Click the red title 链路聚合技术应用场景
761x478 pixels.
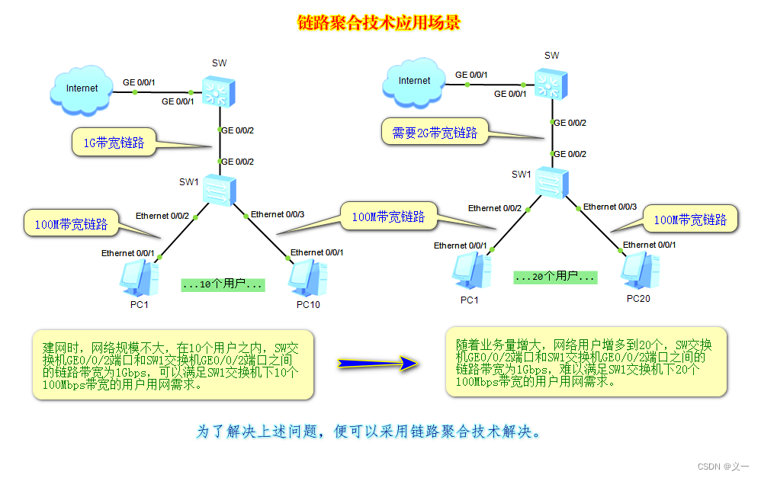379,23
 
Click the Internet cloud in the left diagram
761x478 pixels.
81,88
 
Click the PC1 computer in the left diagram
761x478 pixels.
140,277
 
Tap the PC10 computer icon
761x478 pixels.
308,277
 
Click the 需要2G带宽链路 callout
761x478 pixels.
434,133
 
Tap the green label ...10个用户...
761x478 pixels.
223,285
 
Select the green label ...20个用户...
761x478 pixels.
554,277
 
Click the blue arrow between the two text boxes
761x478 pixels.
378,364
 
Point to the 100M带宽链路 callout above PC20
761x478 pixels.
689,220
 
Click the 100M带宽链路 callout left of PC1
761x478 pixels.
70,224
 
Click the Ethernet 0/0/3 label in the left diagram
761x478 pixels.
278,214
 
